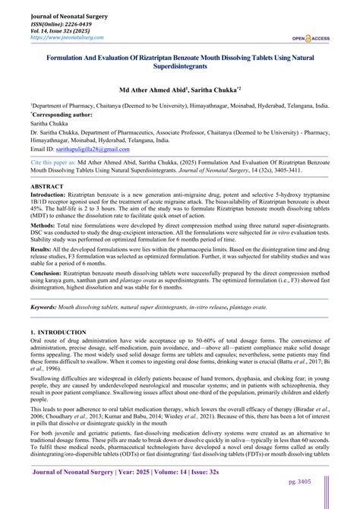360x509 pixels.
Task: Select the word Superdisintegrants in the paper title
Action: (x=179, y=65)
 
